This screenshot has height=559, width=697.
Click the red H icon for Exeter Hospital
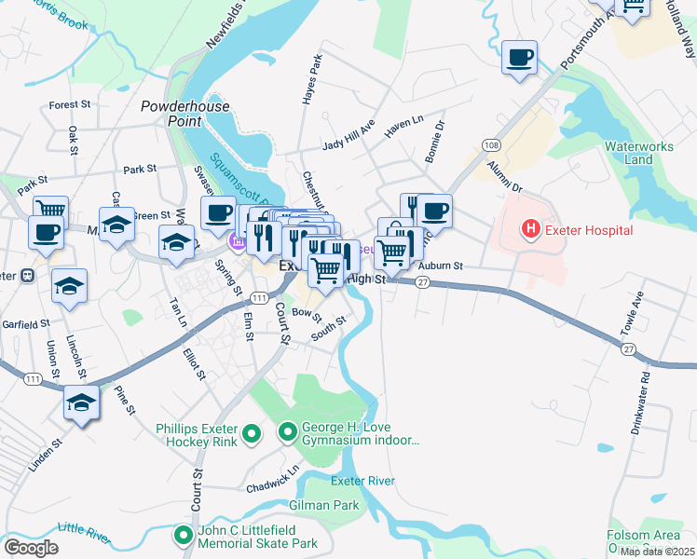coord(531,229)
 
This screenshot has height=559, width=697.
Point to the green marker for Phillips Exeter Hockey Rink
coord(251,433)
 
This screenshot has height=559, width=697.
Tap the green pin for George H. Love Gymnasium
coord(287,432)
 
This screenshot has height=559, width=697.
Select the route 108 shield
coord(491,144)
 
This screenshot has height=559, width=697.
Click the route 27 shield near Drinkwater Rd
coord(629,348)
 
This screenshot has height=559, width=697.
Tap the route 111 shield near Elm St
coord(260,298)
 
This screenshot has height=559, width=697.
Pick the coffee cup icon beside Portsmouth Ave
coord(519,58)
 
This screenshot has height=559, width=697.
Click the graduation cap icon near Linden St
coord(82,402)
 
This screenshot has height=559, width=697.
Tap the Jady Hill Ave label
coord(348,139)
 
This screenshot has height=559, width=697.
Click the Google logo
coord(31,548)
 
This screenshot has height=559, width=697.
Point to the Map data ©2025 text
coord(657,552)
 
